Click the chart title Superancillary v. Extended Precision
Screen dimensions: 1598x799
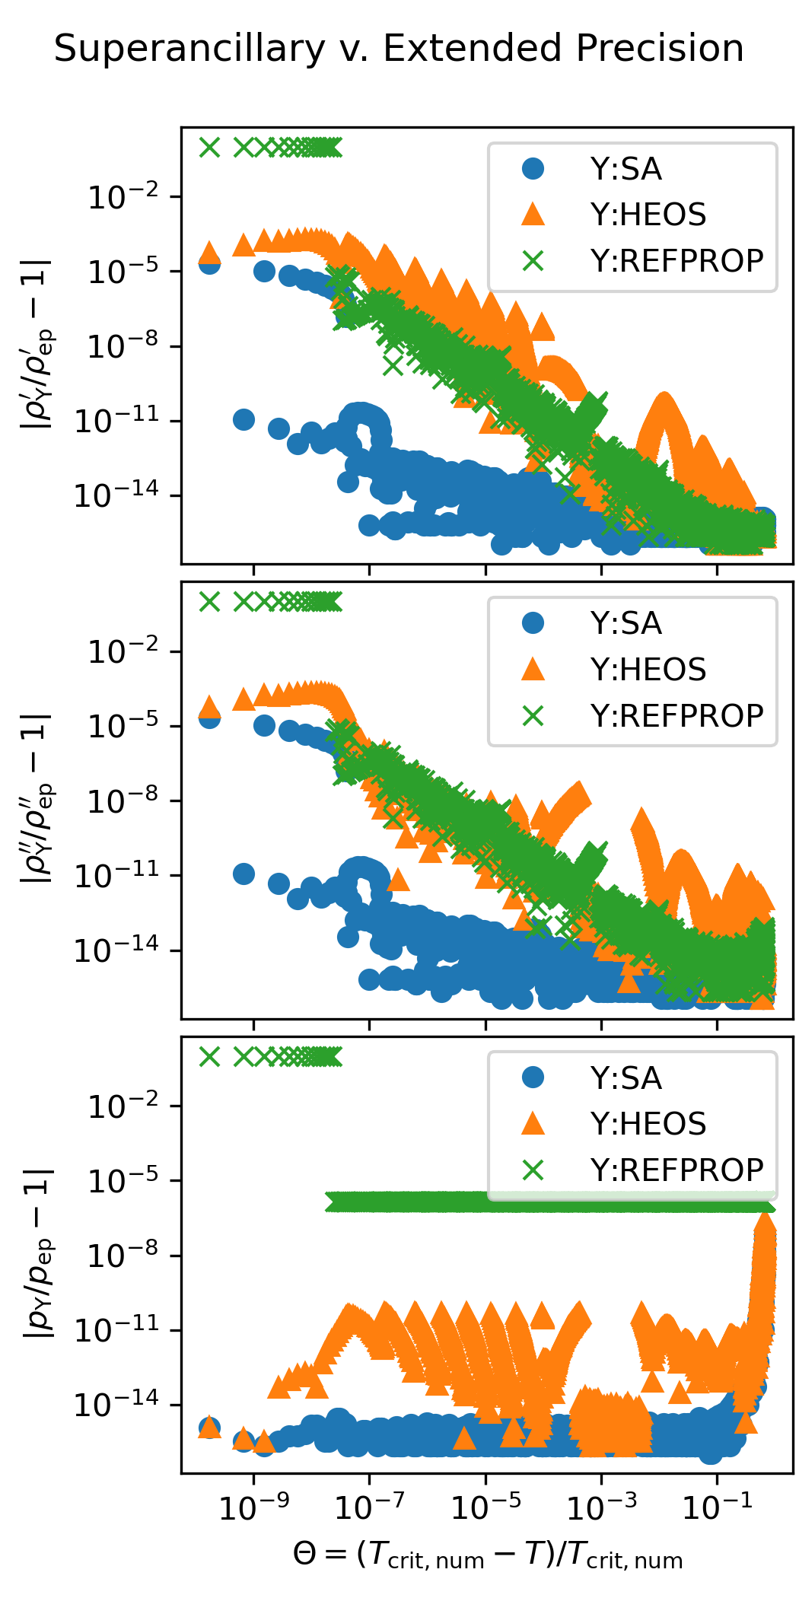coord(399,49)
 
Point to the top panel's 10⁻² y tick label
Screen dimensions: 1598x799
coord(124,197)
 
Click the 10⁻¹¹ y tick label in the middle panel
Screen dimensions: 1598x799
coord(117,876)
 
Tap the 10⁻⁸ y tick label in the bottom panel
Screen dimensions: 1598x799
coord(124,1256)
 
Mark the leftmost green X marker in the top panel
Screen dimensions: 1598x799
coord(209,147)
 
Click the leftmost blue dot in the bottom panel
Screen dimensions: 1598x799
coord(209,1428)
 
